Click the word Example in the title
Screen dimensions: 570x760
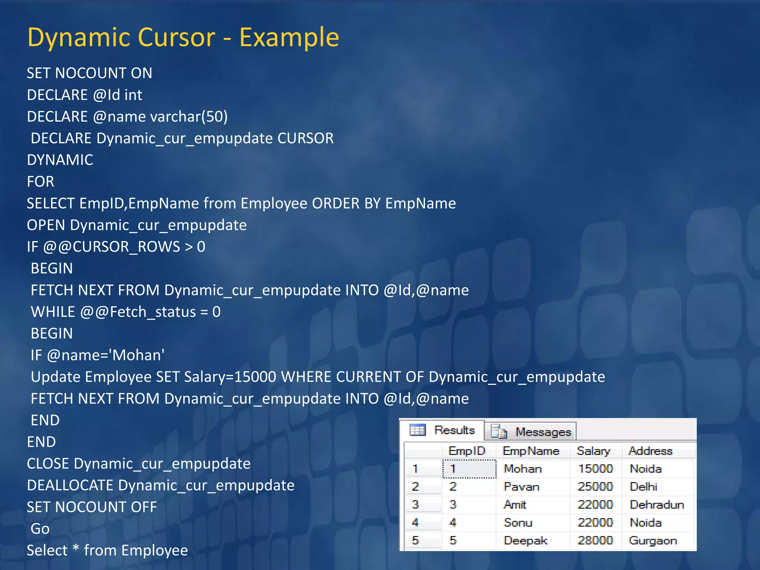(289, 38)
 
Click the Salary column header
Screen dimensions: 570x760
(593, 451)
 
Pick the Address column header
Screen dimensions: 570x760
(650, 451)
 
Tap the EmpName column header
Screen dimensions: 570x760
(531, 451)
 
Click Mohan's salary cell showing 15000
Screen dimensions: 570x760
(595, 469)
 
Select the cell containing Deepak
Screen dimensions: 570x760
(525, 540)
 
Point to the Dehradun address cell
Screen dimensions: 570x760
(656, 505)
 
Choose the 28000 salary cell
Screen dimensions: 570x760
(595, 540)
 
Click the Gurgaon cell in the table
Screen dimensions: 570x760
(652, 540)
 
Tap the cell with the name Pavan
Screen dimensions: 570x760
(521, 487)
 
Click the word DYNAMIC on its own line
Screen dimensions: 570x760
(60, 160)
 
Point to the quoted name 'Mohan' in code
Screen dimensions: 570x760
(138, 355)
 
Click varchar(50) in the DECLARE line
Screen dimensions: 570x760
(189, 117)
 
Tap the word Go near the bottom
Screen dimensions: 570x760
(40, 529)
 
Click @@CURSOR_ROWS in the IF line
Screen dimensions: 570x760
(112, 247)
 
